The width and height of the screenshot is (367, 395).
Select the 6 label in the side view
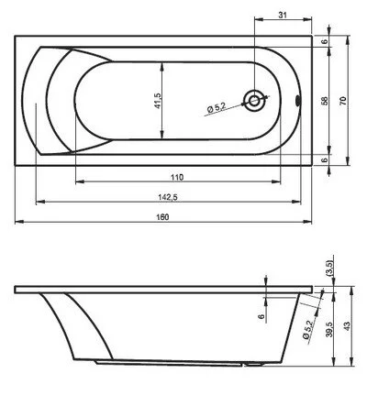[x=260, y=317]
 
